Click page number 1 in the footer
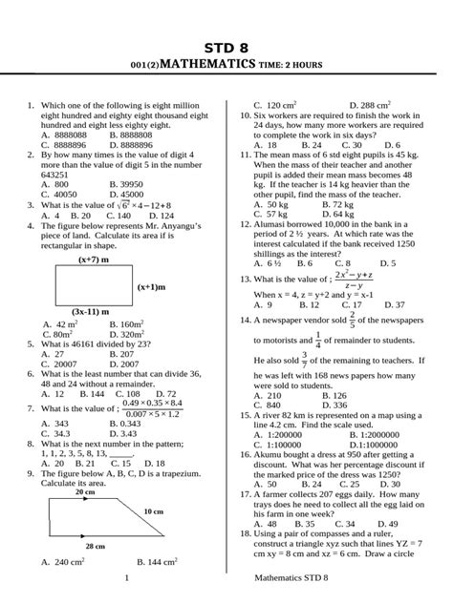(x=126, y=579)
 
